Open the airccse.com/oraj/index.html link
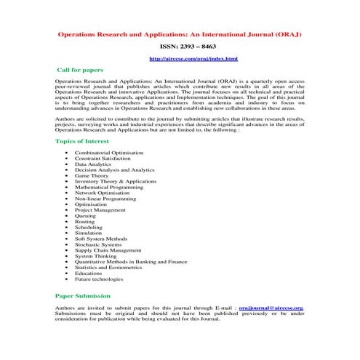click(x=193, y=58)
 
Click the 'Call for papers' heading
click(x=80, y=70)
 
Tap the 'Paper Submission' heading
click(x=83, y=296)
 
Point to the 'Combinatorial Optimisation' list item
click(x=108, y=153)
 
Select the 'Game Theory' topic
click(x=92, y=175)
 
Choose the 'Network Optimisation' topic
click(x=103, y=192)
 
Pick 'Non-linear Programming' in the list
click(x=105, y=198)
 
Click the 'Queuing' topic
click(x=85, y=215)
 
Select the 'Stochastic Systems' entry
click(x=98, y=244)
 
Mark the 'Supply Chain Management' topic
click(x=106, y=250)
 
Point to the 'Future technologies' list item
click(x=99, y=279)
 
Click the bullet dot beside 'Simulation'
click(x=67, y=233)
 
